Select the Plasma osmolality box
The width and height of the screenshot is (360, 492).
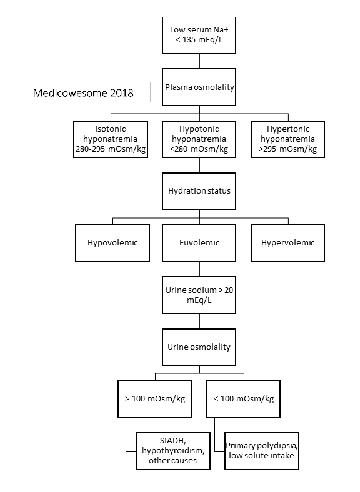(199, 87)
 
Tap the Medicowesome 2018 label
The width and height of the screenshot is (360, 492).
(83, 93)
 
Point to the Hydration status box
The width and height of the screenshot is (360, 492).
(199, 190)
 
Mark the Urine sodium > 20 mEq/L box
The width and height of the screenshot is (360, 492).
(199, 295)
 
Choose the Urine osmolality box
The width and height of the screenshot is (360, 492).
(199, 345)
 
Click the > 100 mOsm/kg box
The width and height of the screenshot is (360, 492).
(155, 398)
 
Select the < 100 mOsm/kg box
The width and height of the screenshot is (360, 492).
(244, 398)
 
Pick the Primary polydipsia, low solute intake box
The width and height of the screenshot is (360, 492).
(261, 450)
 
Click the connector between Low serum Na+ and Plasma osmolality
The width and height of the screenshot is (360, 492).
(199, 61)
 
